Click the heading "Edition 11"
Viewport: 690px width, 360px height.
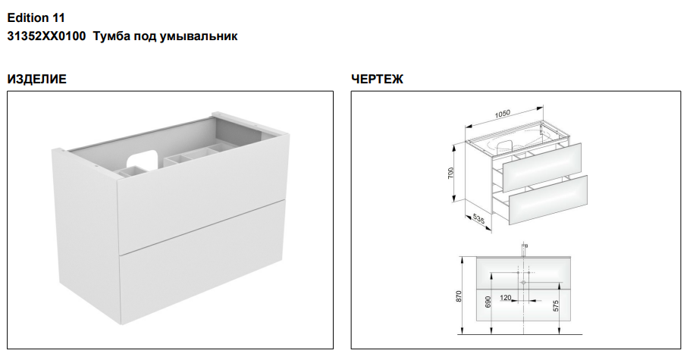pyautogui.click(x=36, y=18)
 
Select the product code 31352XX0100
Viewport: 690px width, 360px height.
pyautogui.click(x=47, y=36)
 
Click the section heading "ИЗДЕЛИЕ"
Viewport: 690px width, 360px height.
pyautogui.click(x=37, y=80)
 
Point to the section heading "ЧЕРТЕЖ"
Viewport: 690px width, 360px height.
pyautogui.click(x=377, y=80)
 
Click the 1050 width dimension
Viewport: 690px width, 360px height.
pyautogui.click(x=502, y=114)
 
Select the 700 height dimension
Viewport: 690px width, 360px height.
pyautogui.click(x=450, y=173)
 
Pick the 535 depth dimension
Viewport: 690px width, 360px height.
pyautogui.click(x=478, y=218)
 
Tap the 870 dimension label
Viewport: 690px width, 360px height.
pyautogui.click(x=459, y=296)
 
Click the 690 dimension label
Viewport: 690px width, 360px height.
pyautogui.click(x=488, y=302)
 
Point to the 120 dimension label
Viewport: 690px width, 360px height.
pyautogui.click(x=506, y=298)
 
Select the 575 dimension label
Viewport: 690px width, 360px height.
pyautogui.click(x=556, y=306)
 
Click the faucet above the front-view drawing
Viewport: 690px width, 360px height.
pyautogui.click(x=524, y=249)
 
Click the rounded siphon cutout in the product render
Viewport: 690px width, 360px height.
pyautogui.click(x=142, y=160)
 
